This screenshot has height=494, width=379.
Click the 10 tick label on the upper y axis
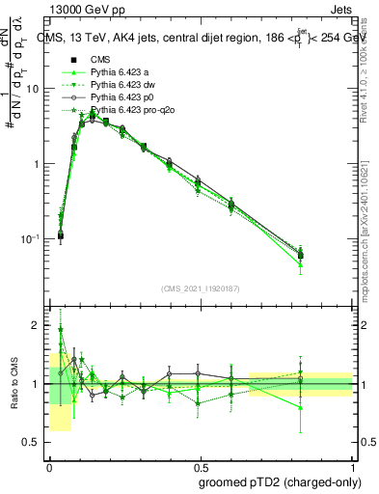pyautogui.click(x=33, y=89)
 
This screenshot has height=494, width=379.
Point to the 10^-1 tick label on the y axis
pyautogui.click(x=30, y=238)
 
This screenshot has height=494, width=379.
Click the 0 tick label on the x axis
pyautogui.click(x=50, y=464)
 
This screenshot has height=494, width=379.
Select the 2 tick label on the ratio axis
pyautogui.click(x=37, y=325)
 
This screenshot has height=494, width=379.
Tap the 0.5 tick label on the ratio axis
pyautogui.click(x=33, y=442)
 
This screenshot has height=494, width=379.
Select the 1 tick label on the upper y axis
pyautogui.click(x=37, y=164)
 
